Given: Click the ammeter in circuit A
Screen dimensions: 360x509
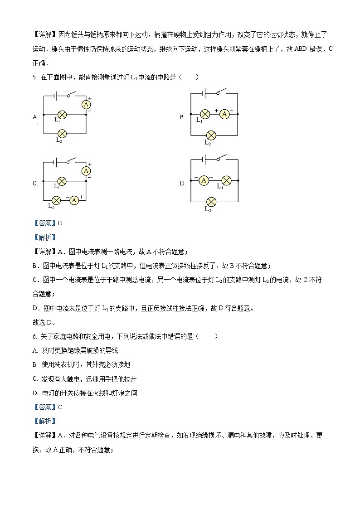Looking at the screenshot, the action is [86, 105].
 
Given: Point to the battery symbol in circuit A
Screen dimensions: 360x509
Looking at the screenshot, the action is [55, 96].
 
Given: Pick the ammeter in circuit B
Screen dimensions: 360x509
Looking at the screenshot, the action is [224, 115].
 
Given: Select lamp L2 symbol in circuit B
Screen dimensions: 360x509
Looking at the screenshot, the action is [210, 135].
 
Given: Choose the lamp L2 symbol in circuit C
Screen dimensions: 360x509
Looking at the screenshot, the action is [56, 200].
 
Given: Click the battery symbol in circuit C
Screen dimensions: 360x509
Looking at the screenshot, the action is [55, 162].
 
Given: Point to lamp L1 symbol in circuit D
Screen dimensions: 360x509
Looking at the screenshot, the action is [225, 180].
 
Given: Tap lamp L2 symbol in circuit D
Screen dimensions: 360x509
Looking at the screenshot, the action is [210, 201].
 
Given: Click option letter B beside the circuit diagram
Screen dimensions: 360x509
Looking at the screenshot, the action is [182, 117].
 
